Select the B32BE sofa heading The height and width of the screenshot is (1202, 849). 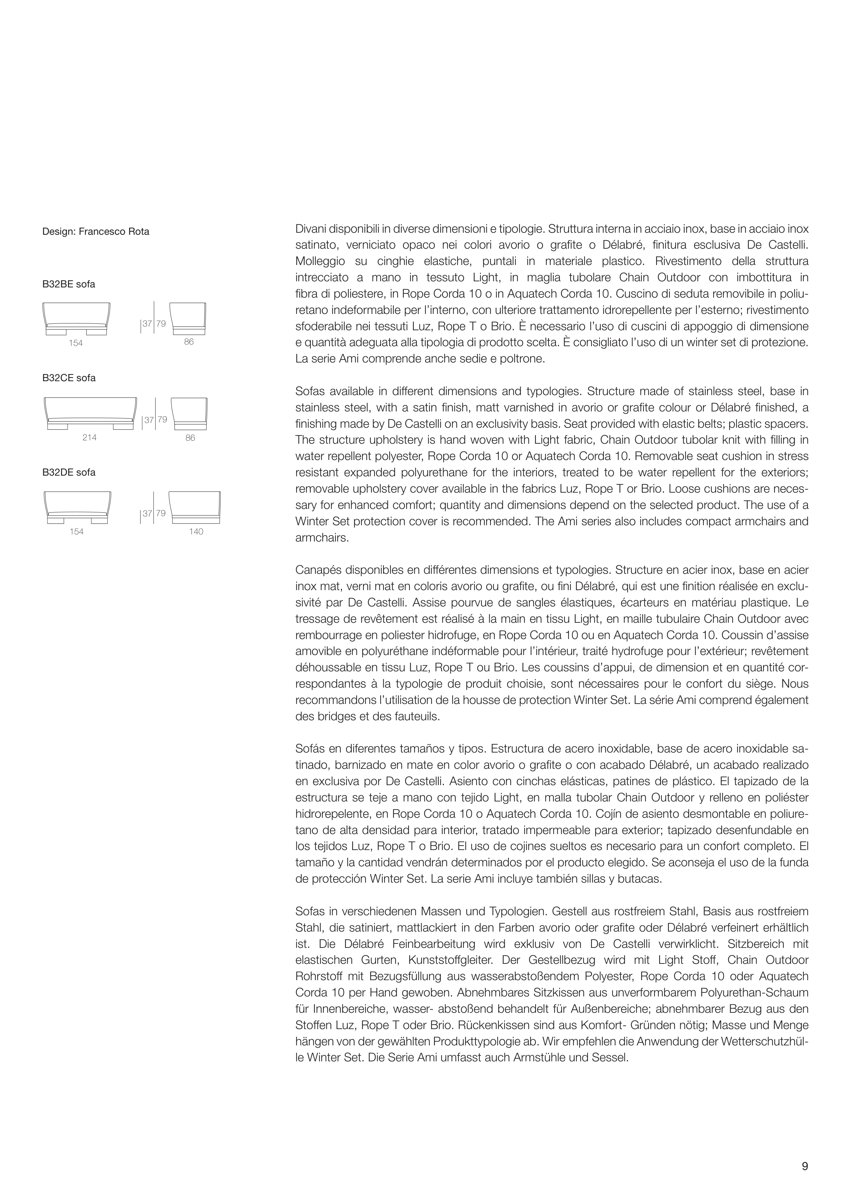pos(69,284)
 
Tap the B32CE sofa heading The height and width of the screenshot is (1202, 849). pos(69,378)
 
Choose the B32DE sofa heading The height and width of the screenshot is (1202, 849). pos(69,472)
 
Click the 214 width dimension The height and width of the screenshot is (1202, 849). pos(90,437)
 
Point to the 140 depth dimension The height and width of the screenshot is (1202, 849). pos(196,531)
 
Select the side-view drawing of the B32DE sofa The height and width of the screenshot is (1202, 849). pos(194,507)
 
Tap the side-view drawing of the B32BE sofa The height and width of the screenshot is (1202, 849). pos(188,318)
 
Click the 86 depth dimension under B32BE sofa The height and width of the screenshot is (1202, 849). pos(189,342)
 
